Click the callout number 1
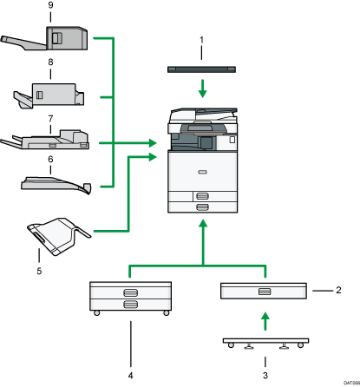201,41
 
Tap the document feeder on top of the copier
201,115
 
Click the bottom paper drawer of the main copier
201,207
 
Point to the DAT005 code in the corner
347,383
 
